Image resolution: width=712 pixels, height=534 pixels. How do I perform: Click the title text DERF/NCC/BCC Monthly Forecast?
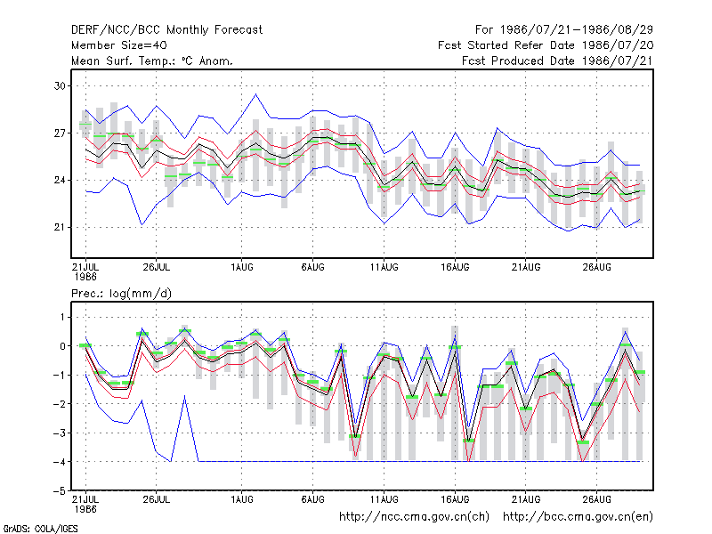pyautogui.click(x=166, y=30)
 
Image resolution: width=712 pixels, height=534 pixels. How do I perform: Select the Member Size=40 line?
pyautogui.click(x=119, y=45)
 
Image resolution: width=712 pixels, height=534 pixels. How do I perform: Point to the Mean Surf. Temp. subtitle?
pyautogui.click(x=152, y=61)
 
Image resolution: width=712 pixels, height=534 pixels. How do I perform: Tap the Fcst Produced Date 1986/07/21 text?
pyautogui.click(x=557, y=61)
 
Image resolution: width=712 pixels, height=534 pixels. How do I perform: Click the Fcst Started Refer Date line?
pyautogui.click(x=546, y=45)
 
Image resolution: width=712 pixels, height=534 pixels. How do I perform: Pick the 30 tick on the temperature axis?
pyautogui.click(x=60, y=85)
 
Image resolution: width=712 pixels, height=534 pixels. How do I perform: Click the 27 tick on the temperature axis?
pyautogui.click(x=60, y=133)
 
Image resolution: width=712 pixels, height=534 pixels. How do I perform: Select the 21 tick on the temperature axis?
pyautogui.click(x=60, y=227)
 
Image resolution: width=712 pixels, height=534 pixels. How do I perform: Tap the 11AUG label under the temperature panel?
pyautogui.click(x=384, y=267)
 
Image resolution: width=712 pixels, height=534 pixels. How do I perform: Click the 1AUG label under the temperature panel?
pyautogui.click(x=241, y=267)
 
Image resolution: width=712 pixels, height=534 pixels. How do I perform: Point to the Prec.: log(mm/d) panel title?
pyautogui.click(x=121, y=294)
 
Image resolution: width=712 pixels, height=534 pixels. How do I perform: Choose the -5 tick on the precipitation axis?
pyautogui.click(x=60, y=491)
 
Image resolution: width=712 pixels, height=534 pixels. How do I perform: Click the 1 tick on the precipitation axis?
pyautogui.click(x=62, y=317)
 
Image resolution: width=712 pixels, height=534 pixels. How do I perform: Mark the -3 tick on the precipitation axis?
pyautogui.click(x=60, y=433)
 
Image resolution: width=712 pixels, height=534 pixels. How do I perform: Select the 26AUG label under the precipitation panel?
pyautogui.click(x=596, y=499)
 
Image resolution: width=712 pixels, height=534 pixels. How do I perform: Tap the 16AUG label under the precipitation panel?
pyautogui.click(x=455, y=499)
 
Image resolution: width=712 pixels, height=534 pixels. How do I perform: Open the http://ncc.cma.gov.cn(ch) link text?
pyautogui.click(x=414, y=517)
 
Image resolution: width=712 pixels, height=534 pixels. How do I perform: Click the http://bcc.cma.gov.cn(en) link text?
pyautogui.click(x=578, y=517)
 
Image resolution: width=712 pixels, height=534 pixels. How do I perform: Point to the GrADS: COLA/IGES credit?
pyautogui.click(x=40, y=529)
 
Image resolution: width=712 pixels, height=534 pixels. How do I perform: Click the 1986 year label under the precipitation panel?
pyautogui.click(x=85, y=509)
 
